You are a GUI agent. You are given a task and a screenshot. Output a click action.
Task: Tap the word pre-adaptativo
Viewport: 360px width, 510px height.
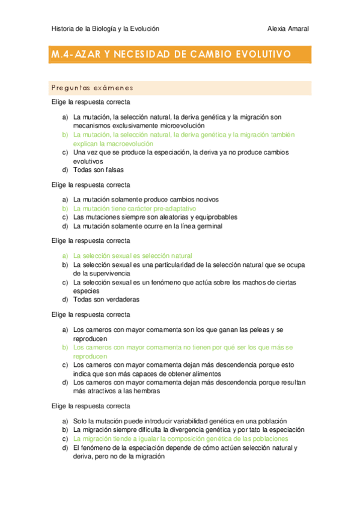point(175,208)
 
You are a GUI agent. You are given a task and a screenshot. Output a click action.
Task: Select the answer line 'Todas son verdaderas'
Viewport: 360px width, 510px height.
point(106,299)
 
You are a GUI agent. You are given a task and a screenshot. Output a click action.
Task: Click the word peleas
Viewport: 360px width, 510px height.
point(254,330)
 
